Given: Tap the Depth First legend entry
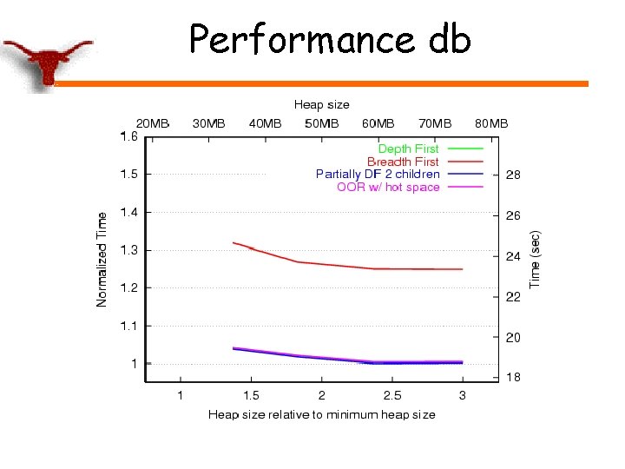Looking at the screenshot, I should [408, 149].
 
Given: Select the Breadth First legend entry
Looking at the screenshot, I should [403, 162].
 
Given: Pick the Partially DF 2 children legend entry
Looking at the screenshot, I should [378, 174].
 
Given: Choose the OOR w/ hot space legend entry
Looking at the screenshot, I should [388, 187].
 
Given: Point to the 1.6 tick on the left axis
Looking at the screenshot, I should [128, 136].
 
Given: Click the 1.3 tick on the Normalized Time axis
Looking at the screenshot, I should [128, 250].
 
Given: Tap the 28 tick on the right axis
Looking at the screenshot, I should [513, 175].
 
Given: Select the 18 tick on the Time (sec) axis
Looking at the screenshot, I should [513, 377].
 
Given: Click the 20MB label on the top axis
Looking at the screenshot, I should [152, 123].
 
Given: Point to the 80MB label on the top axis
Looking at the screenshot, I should [490, 123].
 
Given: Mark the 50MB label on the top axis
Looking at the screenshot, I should [321, 123].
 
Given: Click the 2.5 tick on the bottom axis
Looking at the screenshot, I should [391, 395].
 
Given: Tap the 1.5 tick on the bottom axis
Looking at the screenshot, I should [251, 395].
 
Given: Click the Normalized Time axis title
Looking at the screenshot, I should [102, 259].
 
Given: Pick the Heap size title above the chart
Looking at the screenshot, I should [321, 105].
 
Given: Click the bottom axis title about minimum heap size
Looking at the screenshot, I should [321, 414].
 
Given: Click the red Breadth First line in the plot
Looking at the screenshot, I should [347, 266].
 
